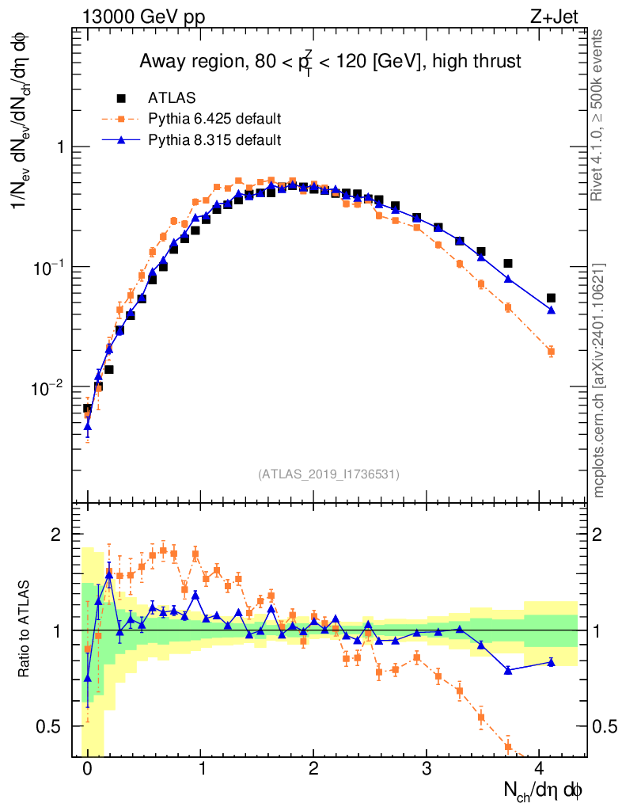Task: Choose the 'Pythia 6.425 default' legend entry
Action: (x=214, y=120)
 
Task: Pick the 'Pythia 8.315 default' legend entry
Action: (x=214, y=140)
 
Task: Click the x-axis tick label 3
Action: (x=427, y=768)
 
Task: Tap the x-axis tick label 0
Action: (x=87, y=768)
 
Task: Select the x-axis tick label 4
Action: (x=540, y=768)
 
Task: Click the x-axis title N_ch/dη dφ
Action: (x=544, y=790)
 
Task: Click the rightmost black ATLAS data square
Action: (x=551, y=298)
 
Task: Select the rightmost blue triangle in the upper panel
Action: (x=551, y=310)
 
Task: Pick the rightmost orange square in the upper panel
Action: (x=551, y=352)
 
